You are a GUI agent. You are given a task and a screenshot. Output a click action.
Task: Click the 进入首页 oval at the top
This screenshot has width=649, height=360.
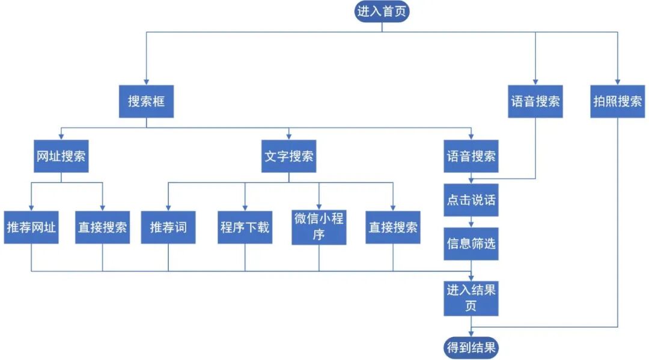point(382,11)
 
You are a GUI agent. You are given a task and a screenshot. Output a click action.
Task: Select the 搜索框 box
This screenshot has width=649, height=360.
point(146,101)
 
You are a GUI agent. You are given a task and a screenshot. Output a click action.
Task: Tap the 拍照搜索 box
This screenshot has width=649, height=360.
point(617,101)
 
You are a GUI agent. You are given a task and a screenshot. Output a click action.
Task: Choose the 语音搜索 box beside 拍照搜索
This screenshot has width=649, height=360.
point(535,101)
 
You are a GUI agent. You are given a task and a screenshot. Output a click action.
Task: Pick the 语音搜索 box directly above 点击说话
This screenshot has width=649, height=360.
point(471,156)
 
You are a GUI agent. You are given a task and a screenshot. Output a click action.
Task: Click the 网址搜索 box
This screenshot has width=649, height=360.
point(61,156)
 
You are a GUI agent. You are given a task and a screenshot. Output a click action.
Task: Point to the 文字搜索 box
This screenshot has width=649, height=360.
point(289,156)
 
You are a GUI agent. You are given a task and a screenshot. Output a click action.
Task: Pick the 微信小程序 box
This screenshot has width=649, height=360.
point(319,226)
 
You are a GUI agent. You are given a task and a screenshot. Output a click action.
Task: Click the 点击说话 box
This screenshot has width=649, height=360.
point(471,200)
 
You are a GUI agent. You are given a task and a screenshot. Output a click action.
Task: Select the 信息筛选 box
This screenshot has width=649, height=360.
point(471,243)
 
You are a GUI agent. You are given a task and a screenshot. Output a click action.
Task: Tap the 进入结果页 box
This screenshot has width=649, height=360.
point(471,297)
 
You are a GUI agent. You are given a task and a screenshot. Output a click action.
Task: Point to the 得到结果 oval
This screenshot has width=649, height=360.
point(471,347)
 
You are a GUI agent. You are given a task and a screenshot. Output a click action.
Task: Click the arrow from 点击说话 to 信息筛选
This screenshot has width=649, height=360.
point(471,221)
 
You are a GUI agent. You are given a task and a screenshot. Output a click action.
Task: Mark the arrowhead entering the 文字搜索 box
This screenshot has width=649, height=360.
point(289,136)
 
